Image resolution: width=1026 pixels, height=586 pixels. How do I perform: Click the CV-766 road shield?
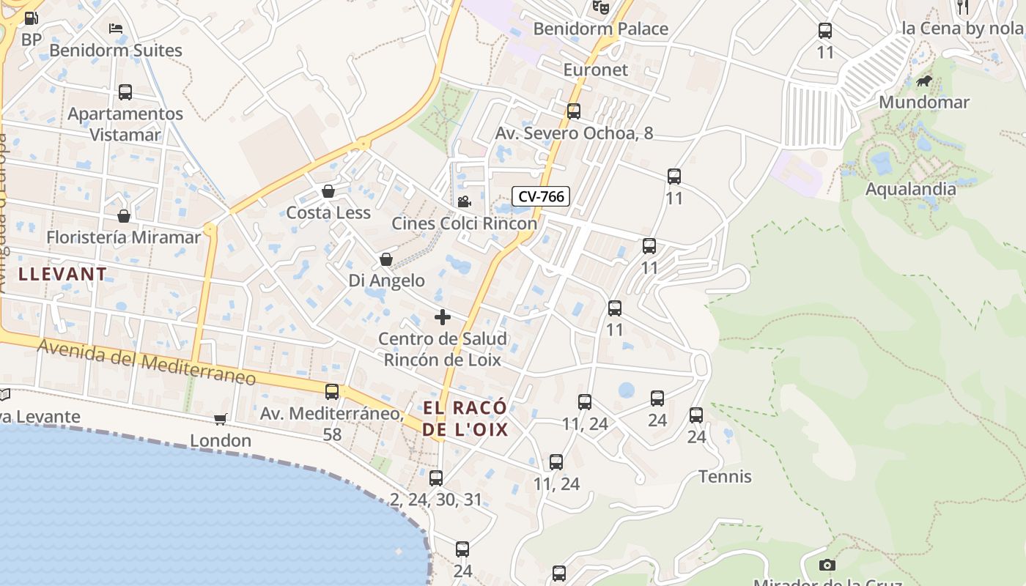coord(541,196)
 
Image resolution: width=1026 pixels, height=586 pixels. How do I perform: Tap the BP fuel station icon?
coord(31,18)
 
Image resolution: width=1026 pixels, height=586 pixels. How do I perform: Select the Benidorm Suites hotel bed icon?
coord(116,29)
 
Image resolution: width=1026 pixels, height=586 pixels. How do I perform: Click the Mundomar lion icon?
coord(924,81)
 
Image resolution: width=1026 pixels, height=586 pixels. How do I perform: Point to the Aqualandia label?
coord(910,189)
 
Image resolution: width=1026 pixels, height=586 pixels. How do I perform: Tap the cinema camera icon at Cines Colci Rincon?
coord(464,201)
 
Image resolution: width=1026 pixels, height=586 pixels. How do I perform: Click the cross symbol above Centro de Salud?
coord(443,317)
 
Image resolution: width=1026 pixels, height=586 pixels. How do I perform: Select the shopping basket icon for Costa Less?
coord(328,191)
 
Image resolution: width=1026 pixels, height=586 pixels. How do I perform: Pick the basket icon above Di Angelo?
coord(386,259)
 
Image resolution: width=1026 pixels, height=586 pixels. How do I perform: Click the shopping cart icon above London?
coord(220,419)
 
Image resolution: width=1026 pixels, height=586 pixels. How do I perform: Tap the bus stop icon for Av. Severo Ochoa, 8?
coord(574,111)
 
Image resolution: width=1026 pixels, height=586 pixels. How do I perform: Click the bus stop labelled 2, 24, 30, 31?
coord(436,478)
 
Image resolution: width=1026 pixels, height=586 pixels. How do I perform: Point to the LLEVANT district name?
coord(62,275)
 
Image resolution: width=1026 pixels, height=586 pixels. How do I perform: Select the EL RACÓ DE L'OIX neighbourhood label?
coord(465,418)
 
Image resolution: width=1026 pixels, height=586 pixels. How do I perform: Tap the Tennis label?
coord(725,477)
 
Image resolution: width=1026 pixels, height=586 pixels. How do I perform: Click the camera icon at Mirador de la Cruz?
coord(827,565)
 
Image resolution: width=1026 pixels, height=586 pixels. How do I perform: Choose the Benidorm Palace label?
coord(600,29)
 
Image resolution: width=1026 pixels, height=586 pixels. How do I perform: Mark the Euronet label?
coord(596,70)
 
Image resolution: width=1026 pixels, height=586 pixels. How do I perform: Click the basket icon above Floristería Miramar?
coord(124,216)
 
